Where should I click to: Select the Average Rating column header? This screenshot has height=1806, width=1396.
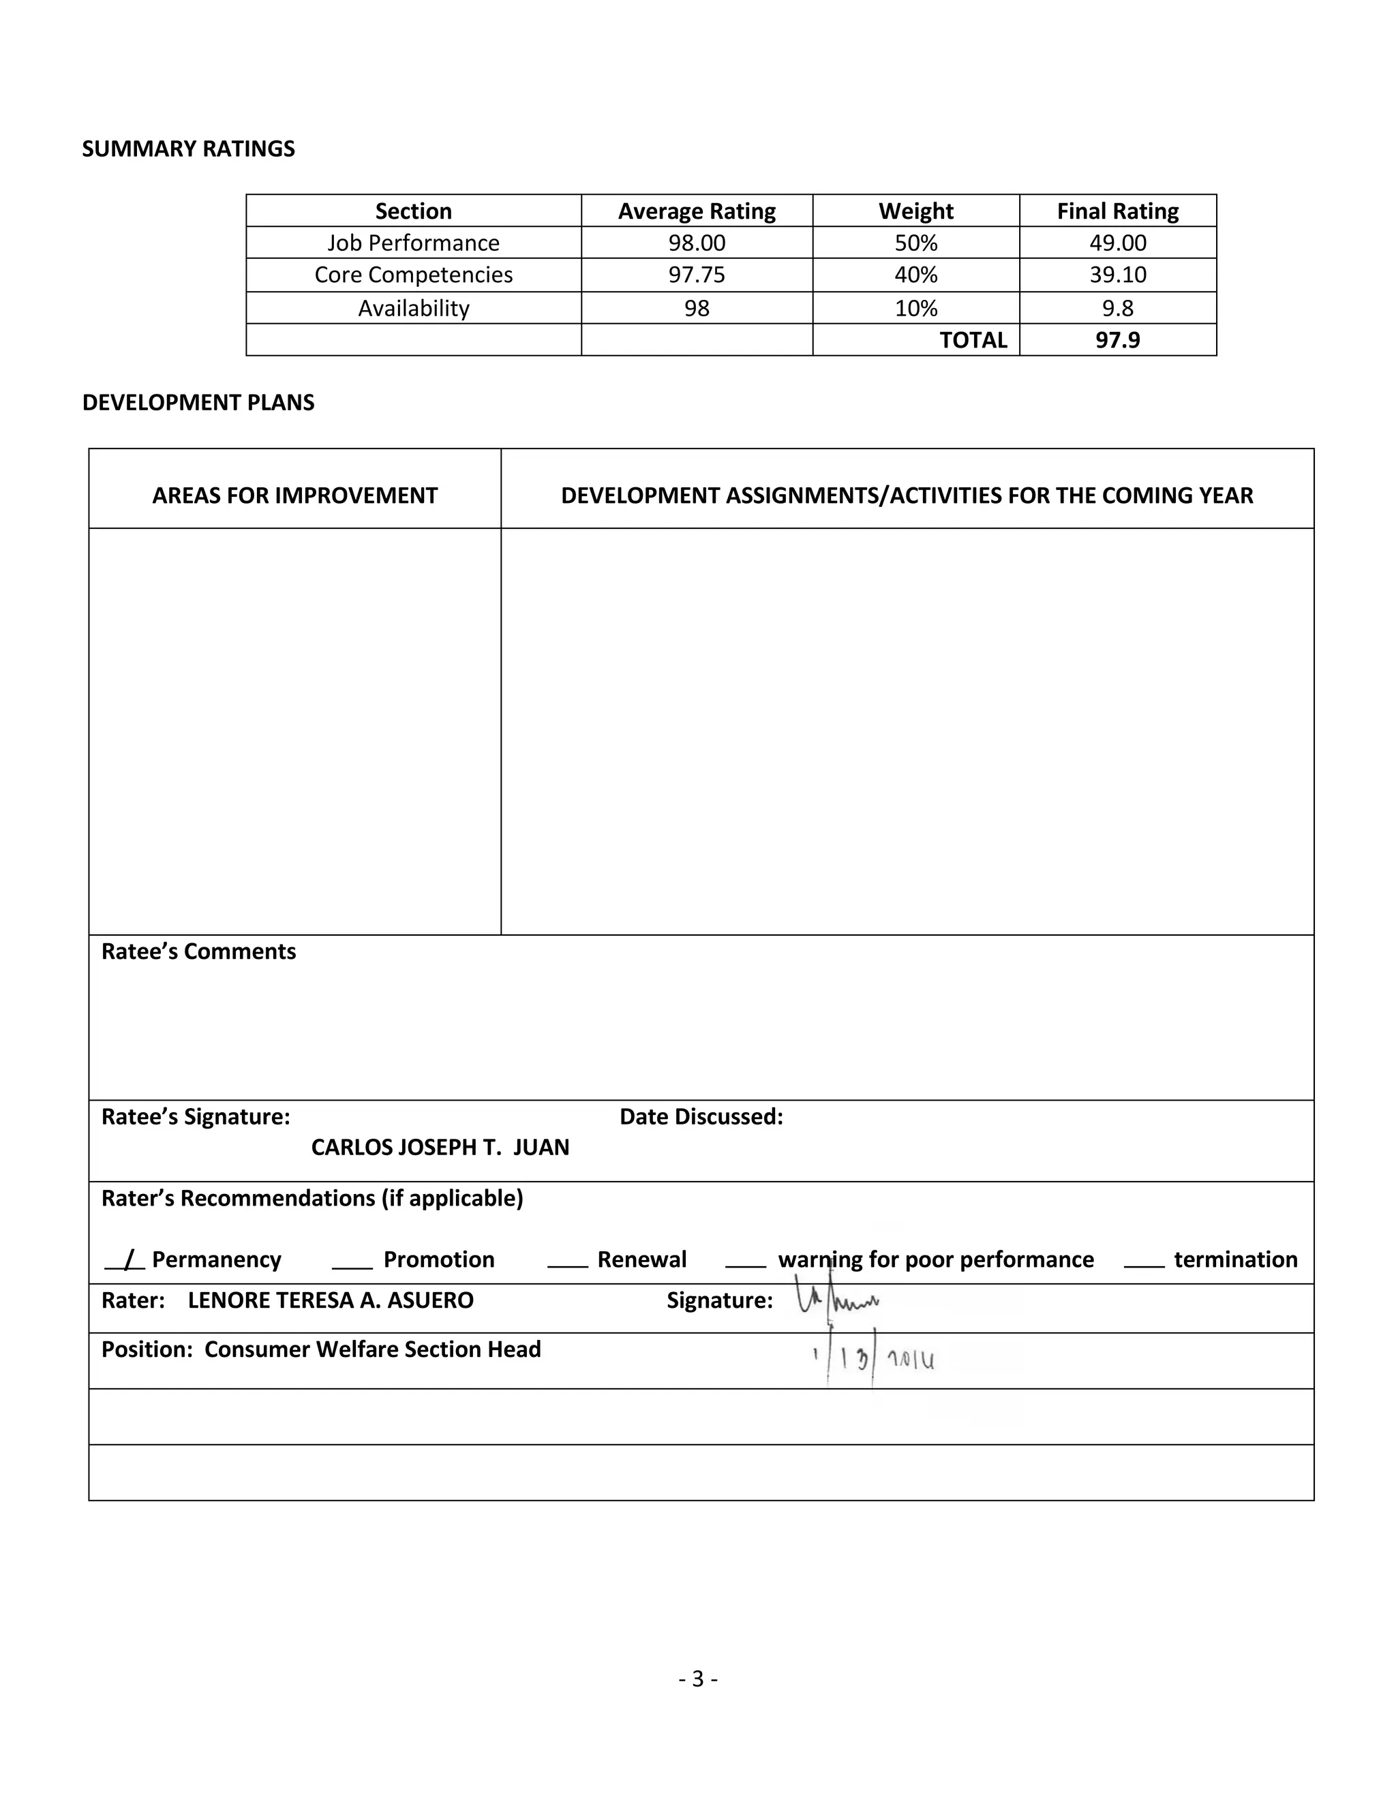click(x=697, y=212)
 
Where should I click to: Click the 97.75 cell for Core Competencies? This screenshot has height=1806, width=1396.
click(x=697, y=275)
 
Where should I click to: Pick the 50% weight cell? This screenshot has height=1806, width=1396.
click(x=915, y=243)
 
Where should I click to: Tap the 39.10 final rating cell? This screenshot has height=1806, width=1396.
click(x=1117, y=275)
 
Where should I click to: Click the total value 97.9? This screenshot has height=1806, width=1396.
click(x=1117, y=340)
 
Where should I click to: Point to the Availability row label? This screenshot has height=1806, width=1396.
click(x=414, y=309)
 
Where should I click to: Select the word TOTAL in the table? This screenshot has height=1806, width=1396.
click(x=973, y=340)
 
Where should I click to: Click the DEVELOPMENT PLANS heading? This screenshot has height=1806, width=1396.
click(x=198, y=403)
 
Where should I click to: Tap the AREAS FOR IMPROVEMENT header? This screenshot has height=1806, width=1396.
click(x=294, y=495)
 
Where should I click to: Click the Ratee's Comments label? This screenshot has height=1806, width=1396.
click(x=198, y=952)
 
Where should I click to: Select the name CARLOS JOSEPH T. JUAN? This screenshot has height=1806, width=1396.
click(x=440, y=1148)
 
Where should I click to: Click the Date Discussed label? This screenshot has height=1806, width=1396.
click(x=701, y=1117)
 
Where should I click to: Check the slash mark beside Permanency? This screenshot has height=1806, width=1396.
click(x=128, y=1260)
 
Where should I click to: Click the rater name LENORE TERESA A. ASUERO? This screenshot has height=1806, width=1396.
click(x=331, y=1301)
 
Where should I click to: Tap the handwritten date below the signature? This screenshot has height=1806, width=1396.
click(x=875, y=1359)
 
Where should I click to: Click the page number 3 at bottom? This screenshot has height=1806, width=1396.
click(x=697, y=1679)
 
